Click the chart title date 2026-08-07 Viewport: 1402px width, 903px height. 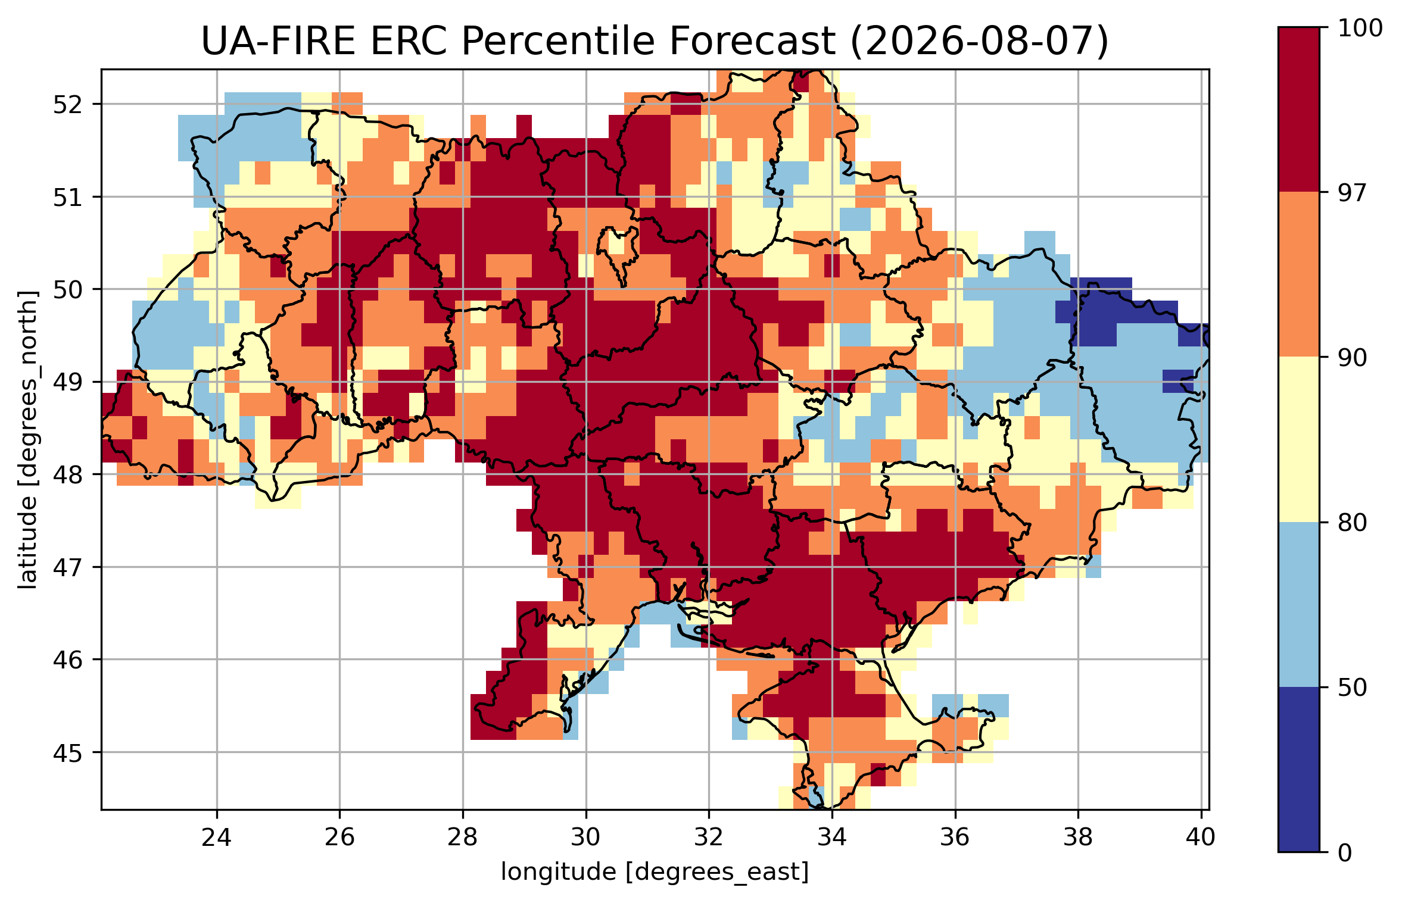pyautogui.click(x=979, y=42)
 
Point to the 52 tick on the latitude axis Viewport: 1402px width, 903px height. pyautogui.click(x=68, y=105)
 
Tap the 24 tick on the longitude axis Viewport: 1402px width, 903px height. pyautogui.click(x=216, y=838)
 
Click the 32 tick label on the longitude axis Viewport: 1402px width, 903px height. pyautogui.click(x=709, y=838)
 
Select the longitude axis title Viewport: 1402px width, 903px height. pyautogui.click(x=655, y=872)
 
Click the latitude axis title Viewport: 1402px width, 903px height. pyautogui.click(x=27, y=440)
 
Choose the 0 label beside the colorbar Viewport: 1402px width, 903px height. pyautogui.click(x=1345, y=853)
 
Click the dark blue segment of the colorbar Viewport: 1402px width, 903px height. pyautogui.click(x=1299, y=770)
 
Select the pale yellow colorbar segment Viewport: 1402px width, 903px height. pyautogui.click(x=1299, y=440)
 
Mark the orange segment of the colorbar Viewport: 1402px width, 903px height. pyautogui.click(x=1299, y=274)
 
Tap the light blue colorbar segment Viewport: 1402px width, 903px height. pyautogui.click(x=1299, y=605)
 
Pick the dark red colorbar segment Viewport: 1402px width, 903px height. pyautogui.click(x=1299, y=110)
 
